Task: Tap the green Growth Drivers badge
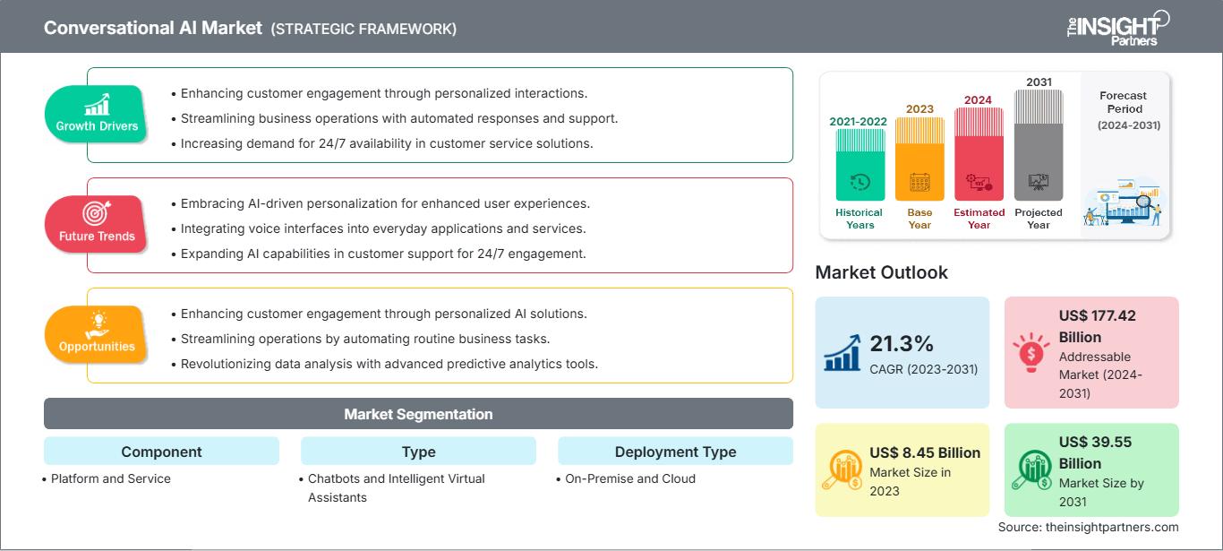(x=97, y=114)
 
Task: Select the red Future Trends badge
(x=96, y=224)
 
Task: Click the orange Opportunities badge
(x=97, y=334)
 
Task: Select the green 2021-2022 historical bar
(x=860, y=165)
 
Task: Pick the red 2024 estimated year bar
(x=979, y=154)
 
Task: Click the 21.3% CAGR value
(x=902, y=343)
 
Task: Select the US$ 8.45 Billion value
(x=925, y=452)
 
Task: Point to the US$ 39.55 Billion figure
(x=1091, y=452)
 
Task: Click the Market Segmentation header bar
(x=418, y=414)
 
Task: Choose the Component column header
(x=161, y=452)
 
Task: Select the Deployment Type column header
(x=675, y=452)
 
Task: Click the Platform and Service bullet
(x=110, y=478)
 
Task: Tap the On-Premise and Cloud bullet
(x=629, y=478)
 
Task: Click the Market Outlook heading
(x=881, y=272)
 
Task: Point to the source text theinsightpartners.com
(x=1088, y=527)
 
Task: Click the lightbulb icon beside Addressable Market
(x=1030, y=352)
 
